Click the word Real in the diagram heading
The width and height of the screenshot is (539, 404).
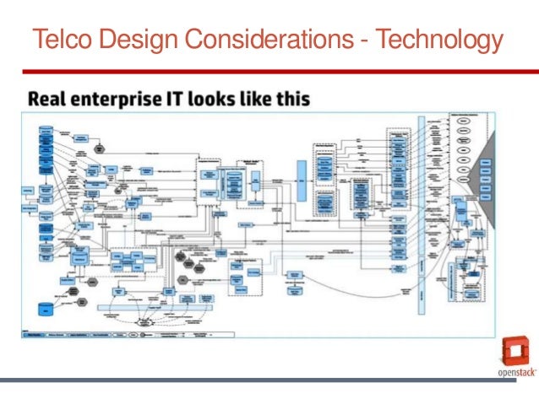(x=50, y=100)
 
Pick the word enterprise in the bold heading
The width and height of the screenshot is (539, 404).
(x=122, y=100)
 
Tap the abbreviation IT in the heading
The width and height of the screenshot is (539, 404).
(x=186, y=100)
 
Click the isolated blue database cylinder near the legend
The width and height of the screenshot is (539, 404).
(x=45, y=308)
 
